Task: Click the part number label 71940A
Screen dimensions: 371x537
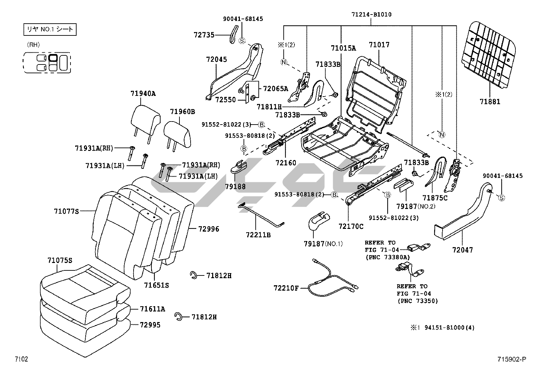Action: point(143,94)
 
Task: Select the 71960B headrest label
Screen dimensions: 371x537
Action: point(182,111)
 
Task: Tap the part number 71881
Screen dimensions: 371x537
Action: point(490,102)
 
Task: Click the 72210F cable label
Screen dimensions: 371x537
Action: point(286,288)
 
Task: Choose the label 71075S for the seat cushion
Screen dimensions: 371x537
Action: point(60,260)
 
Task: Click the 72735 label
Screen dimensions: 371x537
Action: point(204,35)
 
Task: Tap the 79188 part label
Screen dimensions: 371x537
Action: point(235,187)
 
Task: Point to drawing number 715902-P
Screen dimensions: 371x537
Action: point(511,360)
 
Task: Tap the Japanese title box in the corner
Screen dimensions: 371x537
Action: point(50,29)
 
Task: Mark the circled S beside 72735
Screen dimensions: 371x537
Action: point(242,41)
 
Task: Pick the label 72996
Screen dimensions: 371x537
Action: point(208,229)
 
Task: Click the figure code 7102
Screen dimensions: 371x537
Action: point(21,359)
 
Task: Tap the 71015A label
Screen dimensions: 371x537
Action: point(343,48)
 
